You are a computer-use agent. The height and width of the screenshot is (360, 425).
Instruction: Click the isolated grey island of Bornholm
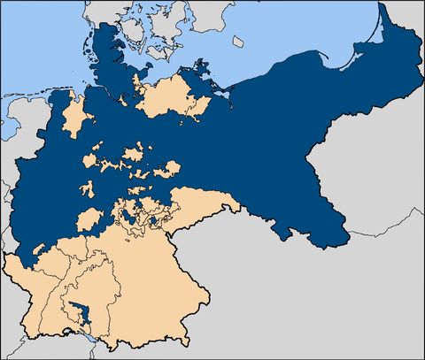point(237,41)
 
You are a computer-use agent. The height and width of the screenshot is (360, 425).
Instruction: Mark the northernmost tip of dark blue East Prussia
point(382,4)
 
